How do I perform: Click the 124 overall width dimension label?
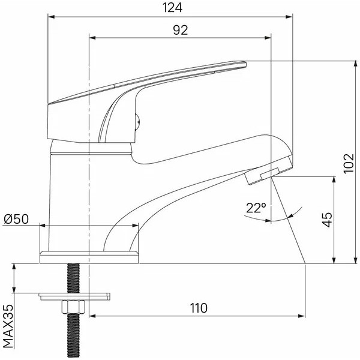point(172,8)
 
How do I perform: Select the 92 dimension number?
point(181,30)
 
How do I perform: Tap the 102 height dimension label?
point(349,163)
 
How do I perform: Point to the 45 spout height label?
point(328,220)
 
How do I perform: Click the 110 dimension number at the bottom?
point(199,308)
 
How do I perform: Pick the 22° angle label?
point(256,208)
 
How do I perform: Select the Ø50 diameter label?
point(17,219)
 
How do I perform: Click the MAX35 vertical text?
point(8,326)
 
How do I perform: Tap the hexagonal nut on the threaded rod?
point(73,307)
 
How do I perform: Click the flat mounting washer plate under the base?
point(74,296)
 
